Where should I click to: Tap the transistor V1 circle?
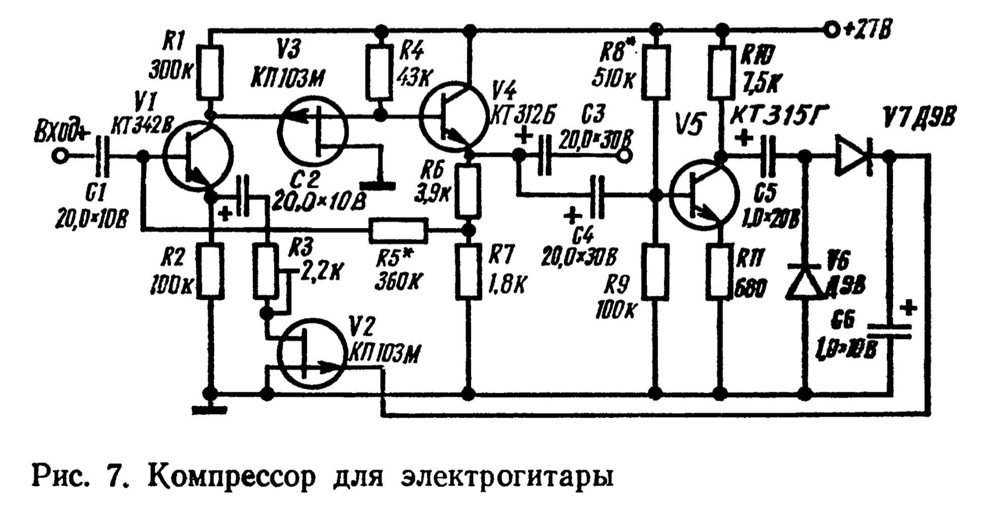pyautogui.click(x=198, y=156)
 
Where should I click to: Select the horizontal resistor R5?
pyautogui.click(x=399, y=230)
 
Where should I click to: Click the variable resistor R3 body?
pyautogui.click(x=265, y=271)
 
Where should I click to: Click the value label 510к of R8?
pyautogui.click(x=613, y=79)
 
